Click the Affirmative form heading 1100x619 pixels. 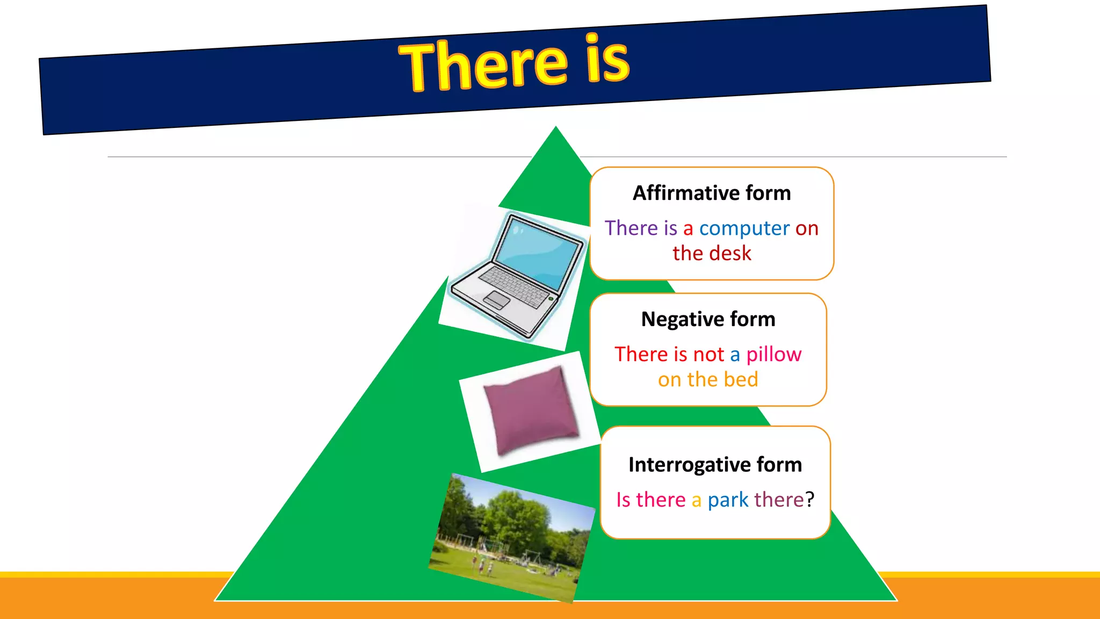[712, 193]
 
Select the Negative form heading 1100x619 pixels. [708, 319]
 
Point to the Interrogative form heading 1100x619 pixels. [715, 464]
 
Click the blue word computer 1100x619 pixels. [744, 229]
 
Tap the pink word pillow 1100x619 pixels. [773, 355]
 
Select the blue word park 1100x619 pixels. [728, 500]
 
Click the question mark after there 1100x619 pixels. [810, 499]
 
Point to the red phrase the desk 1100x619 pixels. [712, 253]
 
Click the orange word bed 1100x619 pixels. [741, 380]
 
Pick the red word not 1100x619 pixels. [708, 355]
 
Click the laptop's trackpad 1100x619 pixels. [497, 300]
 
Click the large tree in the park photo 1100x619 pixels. [516, 516]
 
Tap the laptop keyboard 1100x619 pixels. [516, 285]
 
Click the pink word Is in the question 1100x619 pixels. [623, 500]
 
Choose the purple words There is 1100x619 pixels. [641, 228]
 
